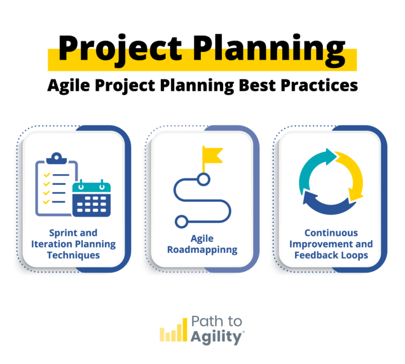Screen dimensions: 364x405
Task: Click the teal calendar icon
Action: pos(92,199)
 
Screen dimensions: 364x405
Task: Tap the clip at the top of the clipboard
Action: pos(55,158)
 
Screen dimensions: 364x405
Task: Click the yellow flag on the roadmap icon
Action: pos(211,155)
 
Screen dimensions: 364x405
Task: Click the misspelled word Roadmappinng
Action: pos(202,249)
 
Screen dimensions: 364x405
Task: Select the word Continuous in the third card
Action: pos(331,233)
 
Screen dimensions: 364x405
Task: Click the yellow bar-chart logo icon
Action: pos(173,330)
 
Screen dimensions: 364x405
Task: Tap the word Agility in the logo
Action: pos(217,337)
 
